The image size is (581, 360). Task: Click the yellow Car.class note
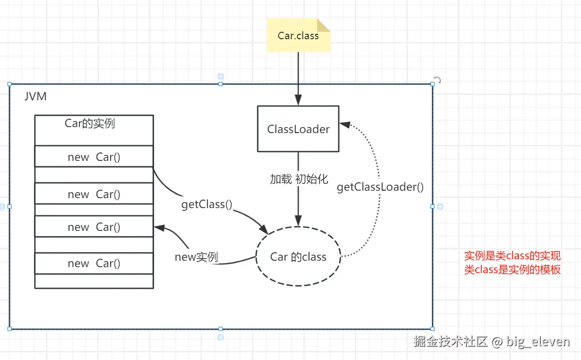click(x=298, y=35)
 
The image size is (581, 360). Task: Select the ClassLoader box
click(x=298, y=129)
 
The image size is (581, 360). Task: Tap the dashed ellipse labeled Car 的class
click(x=298, y=257)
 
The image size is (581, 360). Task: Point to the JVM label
click(x=36, y=96)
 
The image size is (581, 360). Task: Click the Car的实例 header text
click(x=90, y=123)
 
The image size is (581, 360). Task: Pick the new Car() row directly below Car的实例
click(x=94, y=157)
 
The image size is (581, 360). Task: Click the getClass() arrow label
click(x=207, y=204)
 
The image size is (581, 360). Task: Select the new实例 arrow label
click(x=196, y=257)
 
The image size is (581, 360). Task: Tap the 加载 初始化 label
click(x=299, y=179)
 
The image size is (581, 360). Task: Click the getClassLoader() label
click(x=380, y=187)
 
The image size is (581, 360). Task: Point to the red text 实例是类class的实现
click(x=512, y=256)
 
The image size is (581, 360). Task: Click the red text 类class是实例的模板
click(x=512, y=270)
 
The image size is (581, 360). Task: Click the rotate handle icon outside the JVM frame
click(x=437, y=80)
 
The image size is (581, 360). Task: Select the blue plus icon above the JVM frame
click(x=220, y=76)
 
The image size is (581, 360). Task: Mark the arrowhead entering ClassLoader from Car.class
click(x=298, y=101)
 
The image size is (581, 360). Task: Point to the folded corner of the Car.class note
click(x=324, y=25)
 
